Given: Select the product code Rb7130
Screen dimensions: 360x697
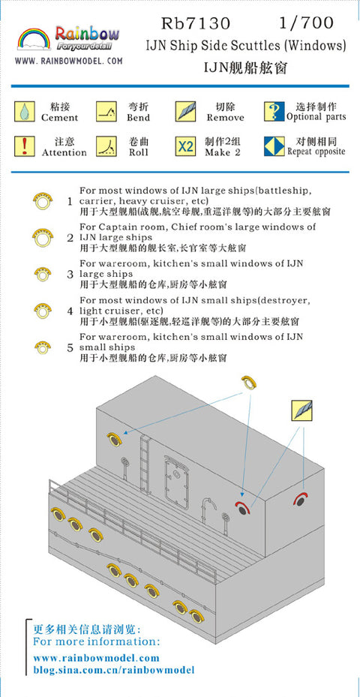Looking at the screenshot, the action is pyautogui.click(x=196, y=23).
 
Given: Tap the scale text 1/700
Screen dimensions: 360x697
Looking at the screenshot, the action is pyautogui.click(x=306, y=23).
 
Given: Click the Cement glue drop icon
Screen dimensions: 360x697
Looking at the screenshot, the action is pyautogui.click(x=25, y=112).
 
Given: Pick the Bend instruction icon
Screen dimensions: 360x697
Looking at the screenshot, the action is pyautogui.click(x=106, y=112).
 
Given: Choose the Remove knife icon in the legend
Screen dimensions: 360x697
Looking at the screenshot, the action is pyautogui.click(x=185, y=112).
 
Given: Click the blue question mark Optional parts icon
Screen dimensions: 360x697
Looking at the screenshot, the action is pyautogui.click(x=274, y=112).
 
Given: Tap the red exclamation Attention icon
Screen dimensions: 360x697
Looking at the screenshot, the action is pyautogui.click(x=25, y=146).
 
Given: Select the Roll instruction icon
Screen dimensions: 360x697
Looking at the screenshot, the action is pyautogui.click(x=106, y=146).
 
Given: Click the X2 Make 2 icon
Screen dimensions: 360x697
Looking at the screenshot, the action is pyautogui.click(x=185, y=146).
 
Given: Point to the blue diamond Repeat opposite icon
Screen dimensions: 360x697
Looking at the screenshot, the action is pyautogui.click(x=274, y=146).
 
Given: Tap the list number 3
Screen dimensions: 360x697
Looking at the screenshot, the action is pyautogui.click(x=70, y=275).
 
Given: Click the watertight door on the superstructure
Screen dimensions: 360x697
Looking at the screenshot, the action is pyautogui.click(x=175, y=486).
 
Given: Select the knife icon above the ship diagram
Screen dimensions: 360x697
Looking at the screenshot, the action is pyautogui.click(x=301, y=410).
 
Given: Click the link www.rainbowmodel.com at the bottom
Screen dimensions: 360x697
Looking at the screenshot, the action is pyautogui.click(x=96, y=657).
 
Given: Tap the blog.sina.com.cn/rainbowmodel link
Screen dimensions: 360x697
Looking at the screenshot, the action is pyautogui.click(x=114, y=670).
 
